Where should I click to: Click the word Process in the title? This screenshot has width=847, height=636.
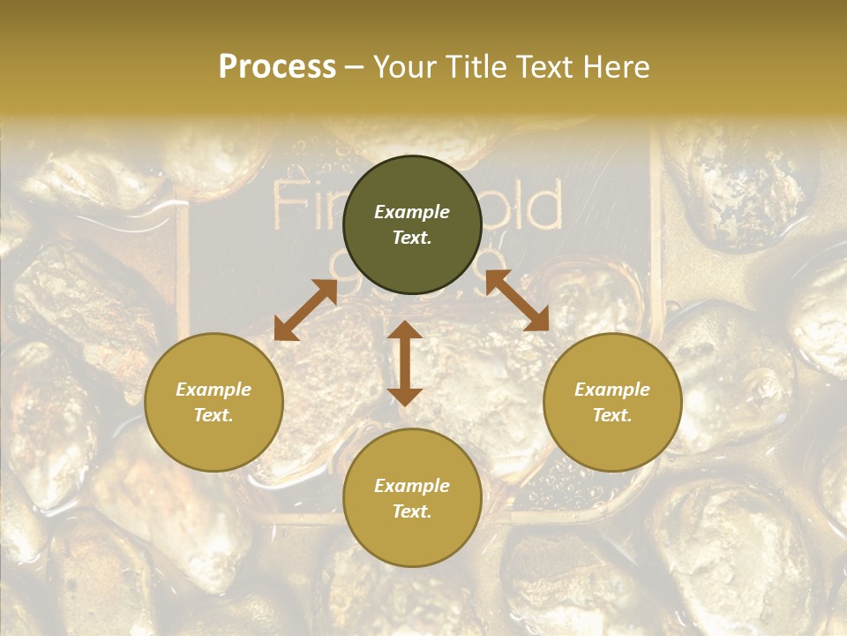(277, 67)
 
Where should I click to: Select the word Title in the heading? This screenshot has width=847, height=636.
(477, 67)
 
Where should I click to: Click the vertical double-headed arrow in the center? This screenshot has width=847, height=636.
(405, 363)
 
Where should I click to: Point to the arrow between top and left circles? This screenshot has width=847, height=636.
(305, 309)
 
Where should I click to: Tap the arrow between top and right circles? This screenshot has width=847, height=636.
(517, 300)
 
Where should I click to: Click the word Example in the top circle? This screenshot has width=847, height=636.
(412, 212)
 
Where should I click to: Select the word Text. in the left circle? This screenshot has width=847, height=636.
(214, 415)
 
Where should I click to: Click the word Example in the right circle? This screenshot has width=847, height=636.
(612, 390)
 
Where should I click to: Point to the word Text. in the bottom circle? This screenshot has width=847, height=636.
(412, 511)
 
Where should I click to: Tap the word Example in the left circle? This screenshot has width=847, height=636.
(214, 390)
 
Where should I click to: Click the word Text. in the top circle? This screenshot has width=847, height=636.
(412, 238)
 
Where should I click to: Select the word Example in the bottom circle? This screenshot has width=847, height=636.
(412, 486)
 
